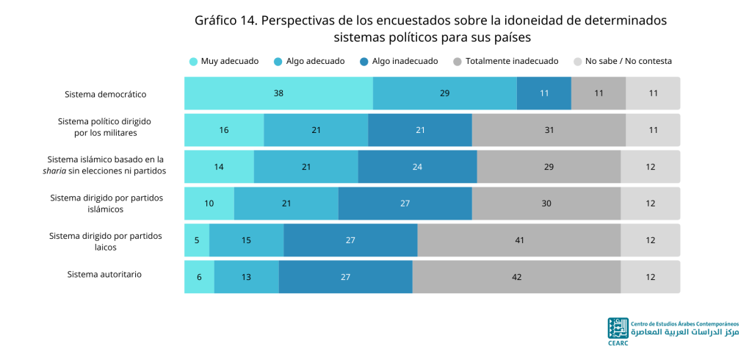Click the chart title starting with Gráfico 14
pos(430,29)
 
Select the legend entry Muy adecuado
pos(224,62)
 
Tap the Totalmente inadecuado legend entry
pos(505,62)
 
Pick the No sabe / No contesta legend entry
pos(623,62)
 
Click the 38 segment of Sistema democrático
pos(278,93)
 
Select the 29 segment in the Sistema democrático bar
pos(445,93)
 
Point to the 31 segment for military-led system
pos(549,130)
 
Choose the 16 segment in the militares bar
pos(224,130)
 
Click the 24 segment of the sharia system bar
pos(417,167)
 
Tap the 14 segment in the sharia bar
pos(219,167)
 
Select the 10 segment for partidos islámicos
pos(209,204)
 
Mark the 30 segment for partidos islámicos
pos(546,204)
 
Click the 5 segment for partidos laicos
pos(197,240)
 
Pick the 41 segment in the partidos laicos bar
pos(519,240)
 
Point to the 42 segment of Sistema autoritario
pos(516,277)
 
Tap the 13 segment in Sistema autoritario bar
pos(247,277)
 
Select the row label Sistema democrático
pos(106,94)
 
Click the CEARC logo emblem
pos(618,328)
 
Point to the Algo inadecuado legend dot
pos(364,62)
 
